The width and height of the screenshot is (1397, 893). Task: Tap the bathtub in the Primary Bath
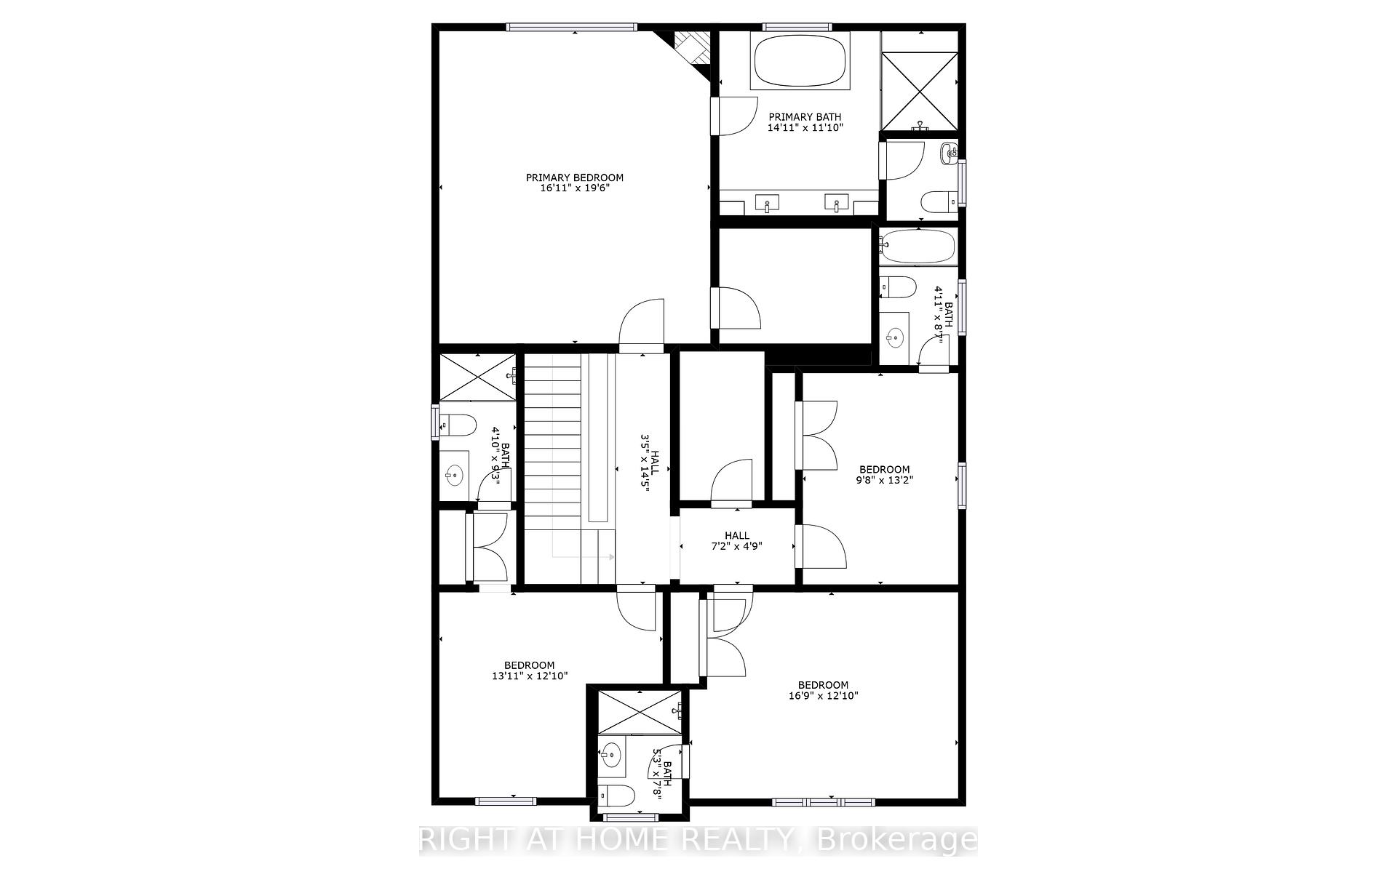800,60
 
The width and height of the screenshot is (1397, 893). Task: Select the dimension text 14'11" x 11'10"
805,127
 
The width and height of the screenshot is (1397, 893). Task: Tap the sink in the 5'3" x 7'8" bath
612,754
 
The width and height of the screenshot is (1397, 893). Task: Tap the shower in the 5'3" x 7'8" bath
638,712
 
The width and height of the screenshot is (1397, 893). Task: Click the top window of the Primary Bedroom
572,28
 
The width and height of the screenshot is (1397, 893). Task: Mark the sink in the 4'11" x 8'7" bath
895,336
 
